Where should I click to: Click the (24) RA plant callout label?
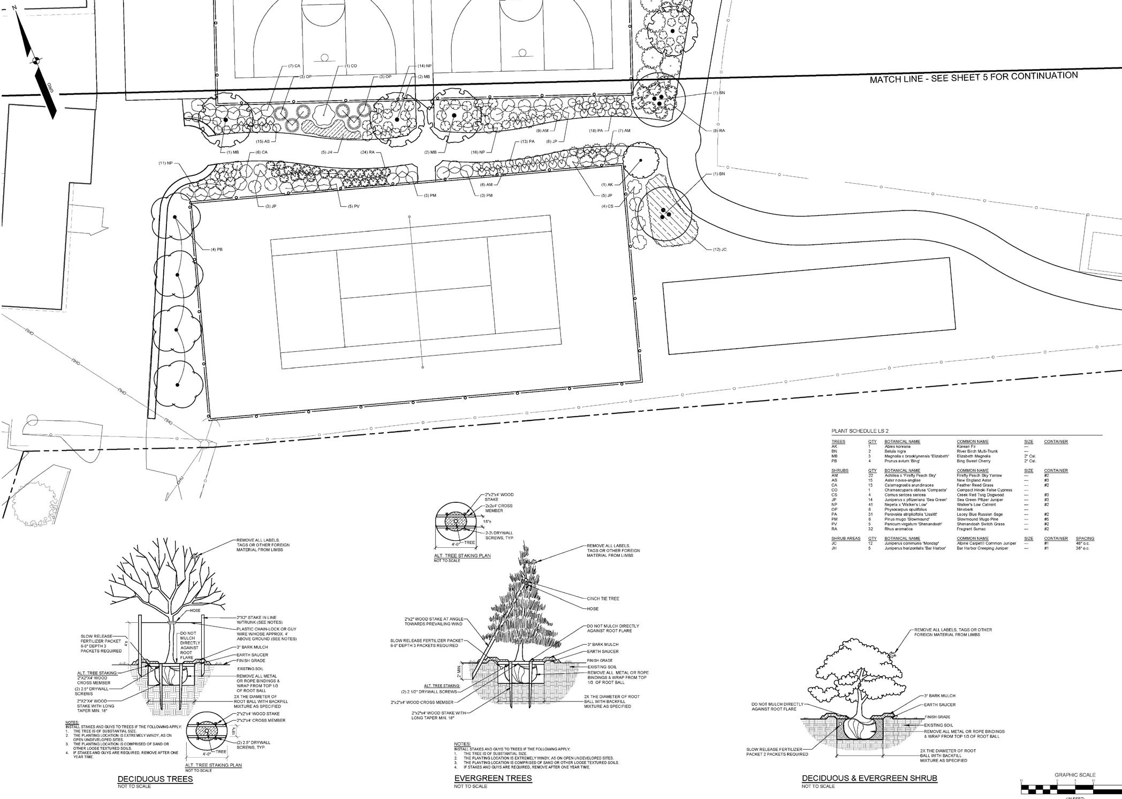368,152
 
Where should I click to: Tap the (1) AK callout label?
607,184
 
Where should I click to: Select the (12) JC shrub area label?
720,249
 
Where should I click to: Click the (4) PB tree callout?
216,250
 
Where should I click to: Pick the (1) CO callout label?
351,66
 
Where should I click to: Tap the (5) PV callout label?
353,206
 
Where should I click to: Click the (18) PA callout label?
596,131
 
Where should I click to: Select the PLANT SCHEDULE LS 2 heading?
860,431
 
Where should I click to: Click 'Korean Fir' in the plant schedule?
966,446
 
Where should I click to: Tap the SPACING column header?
1085,538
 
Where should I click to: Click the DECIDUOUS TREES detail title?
155,779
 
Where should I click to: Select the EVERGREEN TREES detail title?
493,778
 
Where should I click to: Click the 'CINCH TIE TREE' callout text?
603,598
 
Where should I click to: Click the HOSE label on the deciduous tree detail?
195,610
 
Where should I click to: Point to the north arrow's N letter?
14,7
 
